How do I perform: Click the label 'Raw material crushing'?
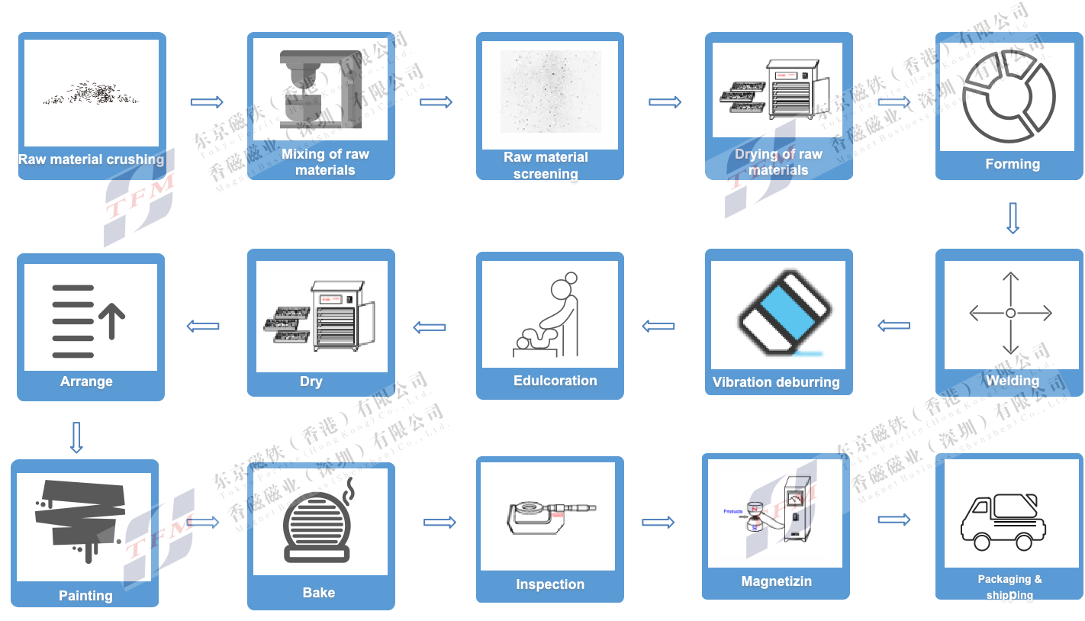pyautogui.click(x=91, y=159)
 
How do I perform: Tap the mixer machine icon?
pyautogui.click(x=314, y=89)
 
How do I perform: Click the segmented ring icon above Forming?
pyautogui.click(x=1009, y=97)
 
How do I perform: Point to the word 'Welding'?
pyautogui.click(x=1012, y=381)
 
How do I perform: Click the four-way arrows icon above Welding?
pyautogui.click(x=1010, y=314)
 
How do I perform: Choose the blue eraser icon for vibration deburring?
pyautogui.click(x=784, y=314)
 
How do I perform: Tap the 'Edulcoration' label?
pyautogui.click(x=555, y=381)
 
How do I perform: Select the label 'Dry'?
pyautogui.click(x=311, y=381)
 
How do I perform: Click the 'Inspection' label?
pyautogui.click(x=549, y=584)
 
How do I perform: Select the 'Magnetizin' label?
pyautogui.click(x=776, y=581)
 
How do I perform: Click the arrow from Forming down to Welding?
pyautogui.click(x=1013, y=217)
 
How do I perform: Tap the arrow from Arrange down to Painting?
pyautogui.click(x=76, y=438)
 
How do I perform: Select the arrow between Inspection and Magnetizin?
pyautogui.click(x=658, y=523)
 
